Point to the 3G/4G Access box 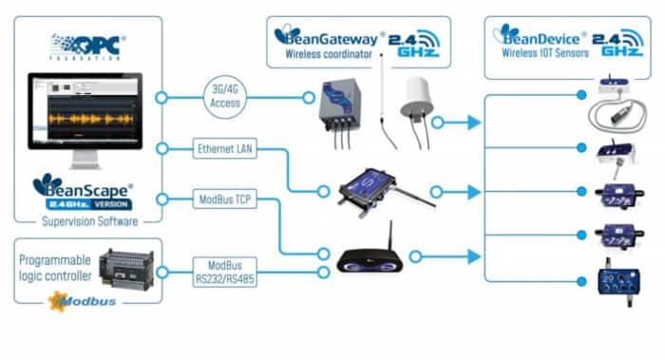pyautogui.click(x=226, y=96)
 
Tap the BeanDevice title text pyautogui.click(x=541, y=35)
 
